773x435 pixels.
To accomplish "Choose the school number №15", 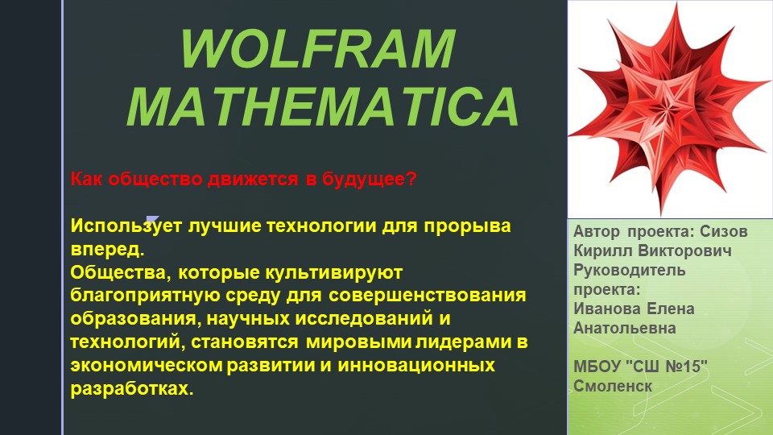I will tap(680, 367).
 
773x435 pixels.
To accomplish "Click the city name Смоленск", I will tap(612, 386).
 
